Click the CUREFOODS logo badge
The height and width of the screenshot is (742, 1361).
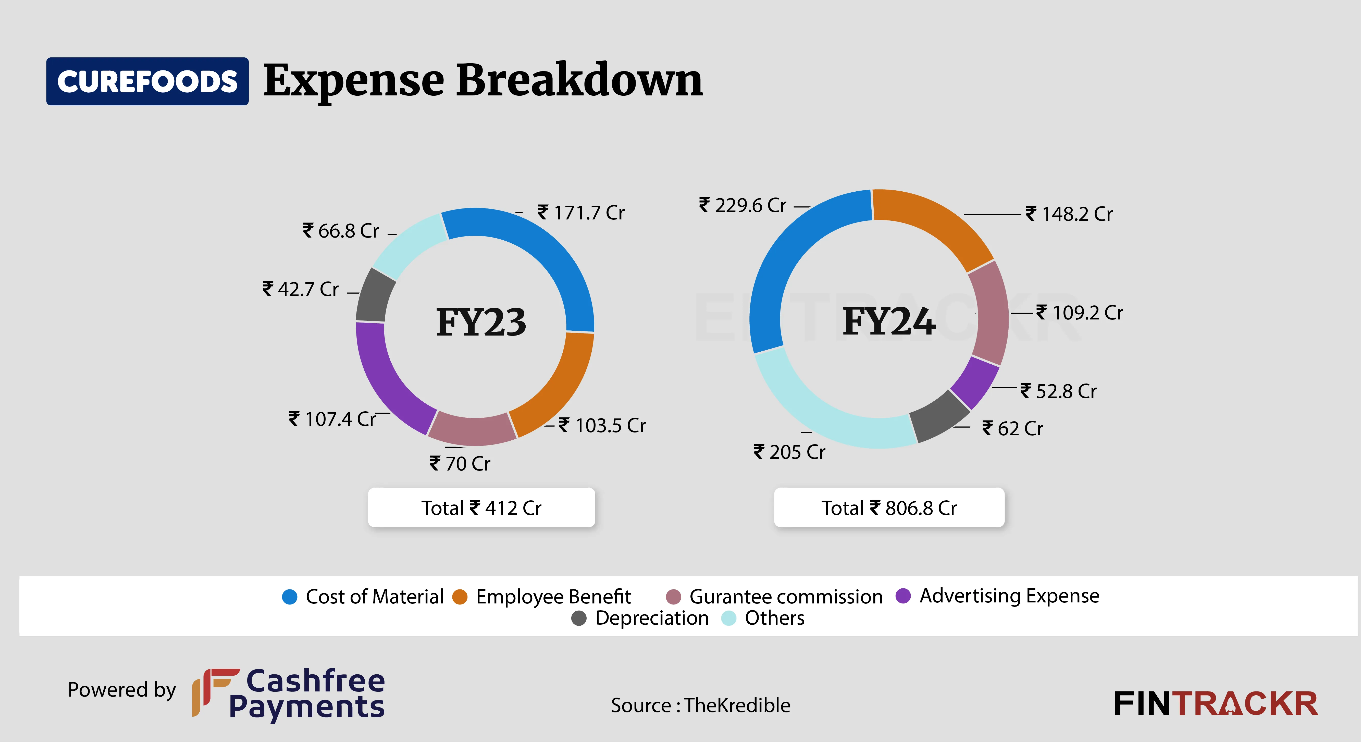147,81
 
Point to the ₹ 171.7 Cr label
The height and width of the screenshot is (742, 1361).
581,213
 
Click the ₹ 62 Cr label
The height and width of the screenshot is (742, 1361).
1013,428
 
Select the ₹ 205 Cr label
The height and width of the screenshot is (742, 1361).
789,452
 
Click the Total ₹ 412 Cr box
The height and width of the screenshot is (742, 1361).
481,507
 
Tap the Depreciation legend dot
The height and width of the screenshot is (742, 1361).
579,618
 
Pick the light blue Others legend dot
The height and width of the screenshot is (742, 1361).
728,618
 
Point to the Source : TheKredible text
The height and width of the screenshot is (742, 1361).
701,705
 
